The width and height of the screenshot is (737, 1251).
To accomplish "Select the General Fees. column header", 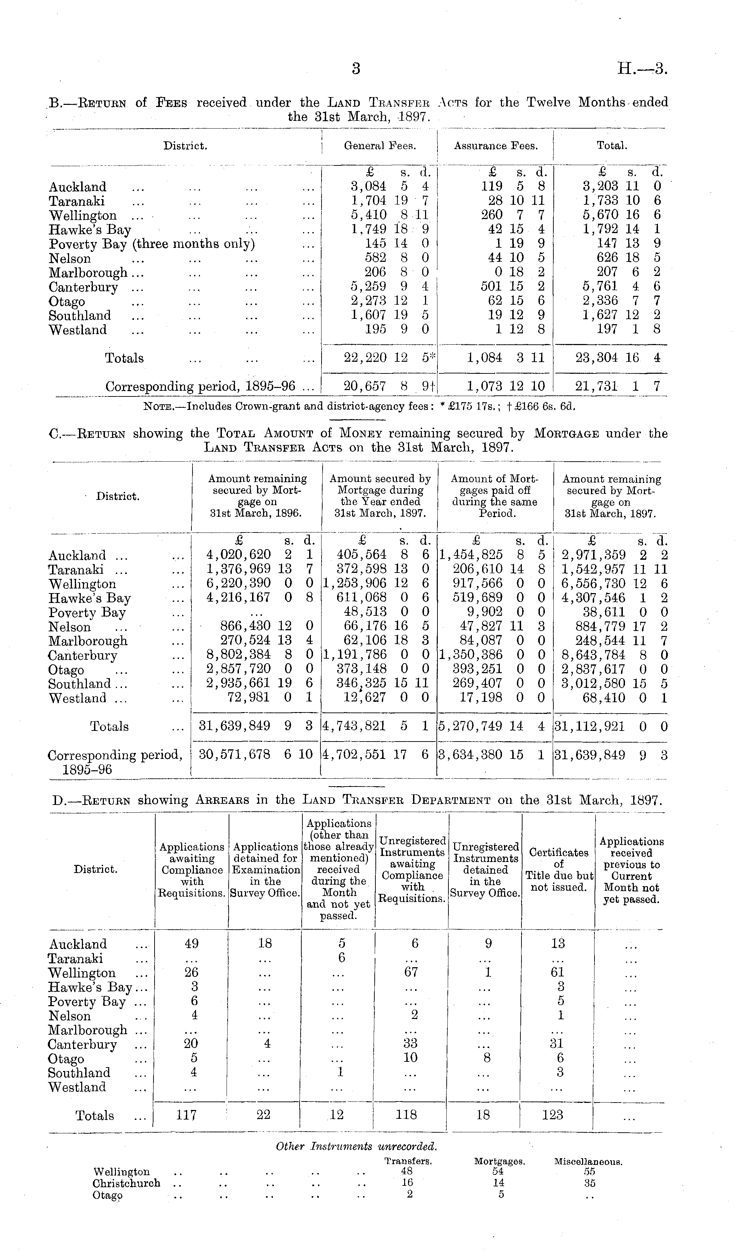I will pos(380,146).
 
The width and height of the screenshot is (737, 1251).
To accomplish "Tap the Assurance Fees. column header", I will pos(496,146).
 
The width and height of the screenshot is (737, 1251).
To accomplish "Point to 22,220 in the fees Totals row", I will pos(365,358).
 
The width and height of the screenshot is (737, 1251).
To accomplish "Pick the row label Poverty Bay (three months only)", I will pos(151,244).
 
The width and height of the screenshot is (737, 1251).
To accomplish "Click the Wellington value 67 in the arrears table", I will pos(411,972).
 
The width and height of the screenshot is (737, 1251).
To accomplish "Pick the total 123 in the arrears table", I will pos(552,1115).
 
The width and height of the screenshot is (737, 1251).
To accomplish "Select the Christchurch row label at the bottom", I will pos(126,1183).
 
